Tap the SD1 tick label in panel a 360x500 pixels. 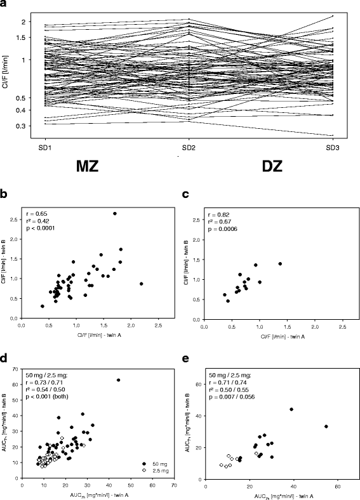click(x=46, y=147)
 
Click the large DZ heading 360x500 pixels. click(x=277, y=169)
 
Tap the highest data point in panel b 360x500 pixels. click(x=115, y=213)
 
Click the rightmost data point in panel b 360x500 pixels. click(x=141, y=284)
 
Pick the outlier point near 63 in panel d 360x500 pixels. click(x=118, y=380)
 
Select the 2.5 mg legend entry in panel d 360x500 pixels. click(x=156, y=470)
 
